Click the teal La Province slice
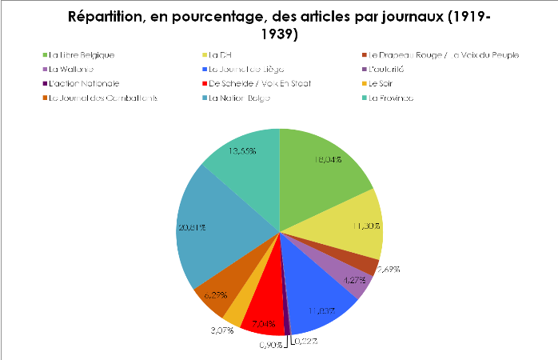244,156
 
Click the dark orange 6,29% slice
216,288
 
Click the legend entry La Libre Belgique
81,55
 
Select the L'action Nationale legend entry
83,84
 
